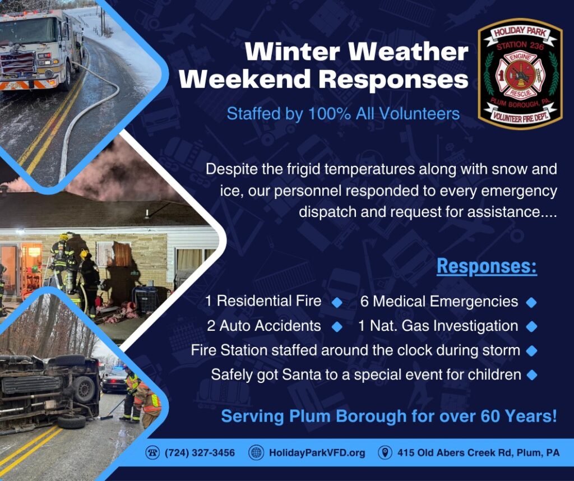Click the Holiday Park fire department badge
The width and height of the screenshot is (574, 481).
520,74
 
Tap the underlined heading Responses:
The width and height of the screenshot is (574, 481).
487,266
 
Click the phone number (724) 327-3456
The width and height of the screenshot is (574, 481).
200,453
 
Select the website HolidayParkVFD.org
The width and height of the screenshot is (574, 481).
317,453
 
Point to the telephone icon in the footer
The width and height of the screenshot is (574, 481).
152,453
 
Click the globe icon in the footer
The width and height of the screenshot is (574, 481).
256,453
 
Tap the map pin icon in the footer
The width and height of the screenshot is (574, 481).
385,453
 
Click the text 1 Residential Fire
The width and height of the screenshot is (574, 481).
263,301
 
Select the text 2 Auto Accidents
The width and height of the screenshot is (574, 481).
264,326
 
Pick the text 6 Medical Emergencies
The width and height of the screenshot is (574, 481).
439,302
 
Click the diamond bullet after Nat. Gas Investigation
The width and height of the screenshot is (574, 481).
531,326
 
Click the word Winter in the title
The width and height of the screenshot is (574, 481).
292,52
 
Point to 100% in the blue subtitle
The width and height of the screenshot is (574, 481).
329,113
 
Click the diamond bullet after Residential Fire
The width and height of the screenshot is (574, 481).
337,302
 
